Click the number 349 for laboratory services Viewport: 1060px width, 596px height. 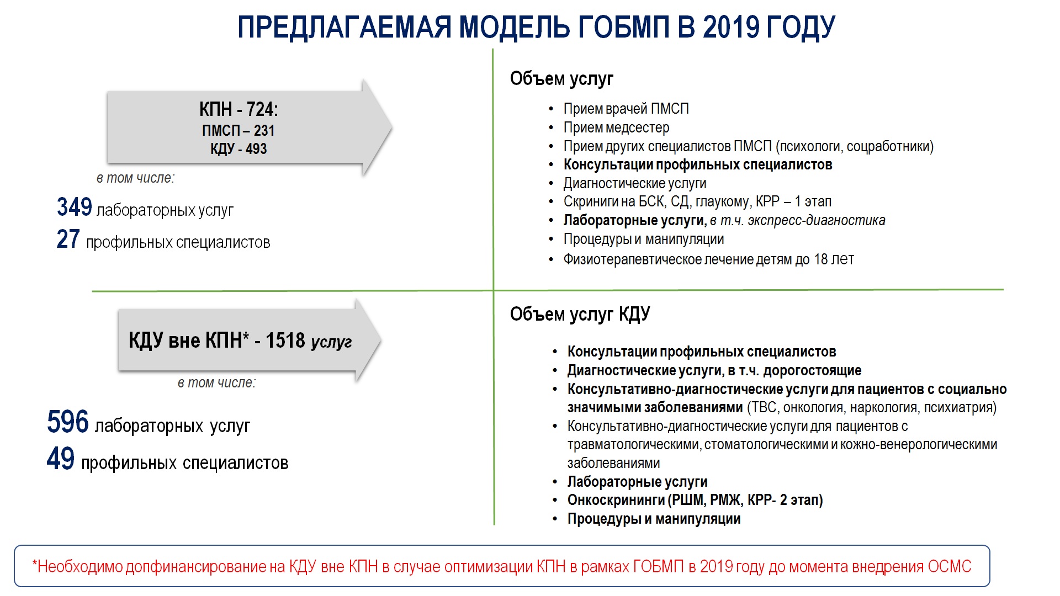coord(75,207)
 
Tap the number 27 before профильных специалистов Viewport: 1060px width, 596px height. coord(68,240)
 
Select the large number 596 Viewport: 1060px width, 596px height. coord(68,422)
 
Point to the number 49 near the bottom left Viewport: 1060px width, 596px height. coord(61,459)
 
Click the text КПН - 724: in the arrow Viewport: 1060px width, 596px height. coord(239,109)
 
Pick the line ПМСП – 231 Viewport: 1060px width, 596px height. coord(239,131)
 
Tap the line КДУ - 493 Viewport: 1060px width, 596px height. coord(239,149)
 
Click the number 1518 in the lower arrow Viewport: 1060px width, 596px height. coord(285,340)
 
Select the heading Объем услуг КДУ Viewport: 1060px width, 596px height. coord(580,315)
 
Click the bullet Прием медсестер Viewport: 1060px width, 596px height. coord(616,127)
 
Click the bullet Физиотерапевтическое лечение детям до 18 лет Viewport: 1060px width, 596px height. coord(709,259)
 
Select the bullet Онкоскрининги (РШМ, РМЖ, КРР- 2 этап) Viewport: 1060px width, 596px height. coord(695,501)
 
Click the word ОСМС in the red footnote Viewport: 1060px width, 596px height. coord(950,567)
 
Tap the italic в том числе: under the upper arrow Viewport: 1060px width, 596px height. coord(135,178)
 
